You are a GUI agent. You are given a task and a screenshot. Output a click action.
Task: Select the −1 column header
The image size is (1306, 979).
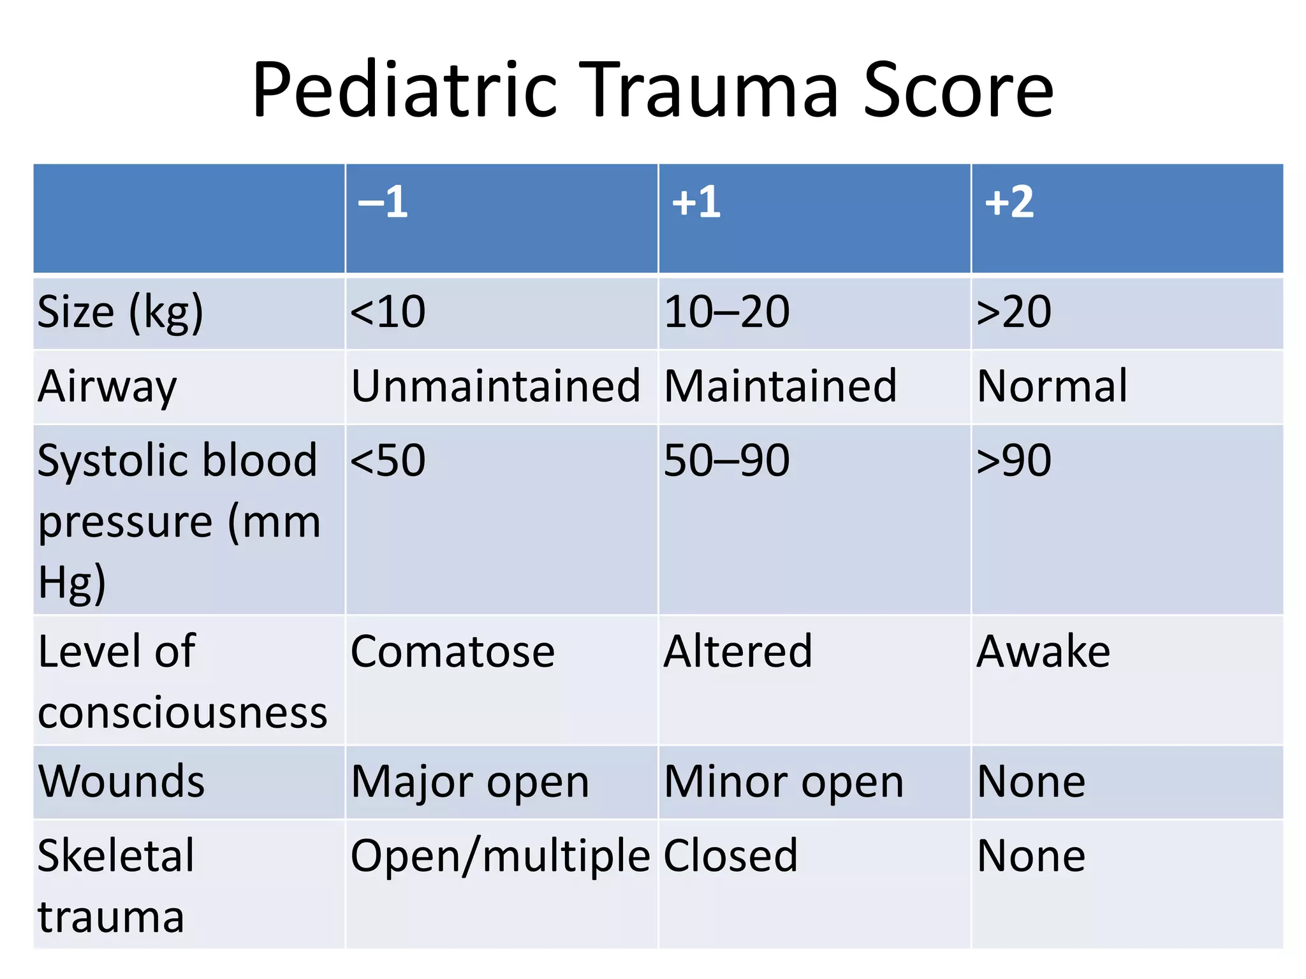point(383,203)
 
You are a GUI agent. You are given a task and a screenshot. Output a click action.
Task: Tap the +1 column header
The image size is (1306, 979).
point(696,203)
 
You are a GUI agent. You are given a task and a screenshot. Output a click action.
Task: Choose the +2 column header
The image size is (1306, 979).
point(1009,203)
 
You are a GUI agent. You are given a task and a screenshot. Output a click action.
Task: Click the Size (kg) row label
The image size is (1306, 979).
point(121,312)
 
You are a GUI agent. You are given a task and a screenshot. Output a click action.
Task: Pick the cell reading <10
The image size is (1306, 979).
point(388,312)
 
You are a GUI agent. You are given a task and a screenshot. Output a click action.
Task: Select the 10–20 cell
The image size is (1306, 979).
point(726,312)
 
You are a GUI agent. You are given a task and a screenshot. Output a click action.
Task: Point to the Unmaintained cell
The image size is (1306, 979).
point(495,386)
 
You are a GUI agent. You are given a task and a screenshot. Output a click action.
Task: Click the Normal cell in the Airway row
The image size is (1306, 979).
point(1052,386)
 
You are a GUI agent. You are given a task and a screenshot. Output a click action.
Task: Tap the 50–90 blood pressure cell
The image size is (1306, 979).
point(726,460)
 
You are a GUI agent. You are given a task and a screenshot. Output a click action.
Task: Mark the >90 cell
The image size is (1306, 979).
point(1014,460)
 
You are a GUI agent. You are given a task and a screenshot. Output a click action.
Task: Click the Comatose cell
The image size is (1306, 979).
point(453,651)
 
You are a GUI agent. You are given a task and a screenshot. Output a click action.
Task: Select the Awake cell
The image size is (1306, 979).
point(1043,651)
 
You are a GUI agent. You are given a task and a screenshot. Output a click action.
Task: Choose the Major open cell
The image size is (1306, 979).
point(470,782)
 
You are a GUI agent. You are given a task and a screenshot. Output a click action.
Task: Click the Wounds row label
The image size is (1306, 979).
point(121,781)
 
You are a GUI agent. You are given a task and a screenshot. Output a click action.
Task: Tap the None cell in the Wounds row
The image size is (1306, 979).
point(1031,782)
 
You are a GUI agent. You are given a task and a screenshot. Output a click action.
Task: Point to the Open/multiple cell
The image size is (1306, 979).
point(500,856)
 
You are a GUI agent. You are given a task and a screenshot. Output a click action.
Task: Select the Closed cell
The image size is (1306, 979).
point(731,856)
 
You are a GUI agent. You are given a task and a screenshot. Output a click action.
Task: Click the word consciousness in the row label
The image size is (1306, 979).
point(182,713)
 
